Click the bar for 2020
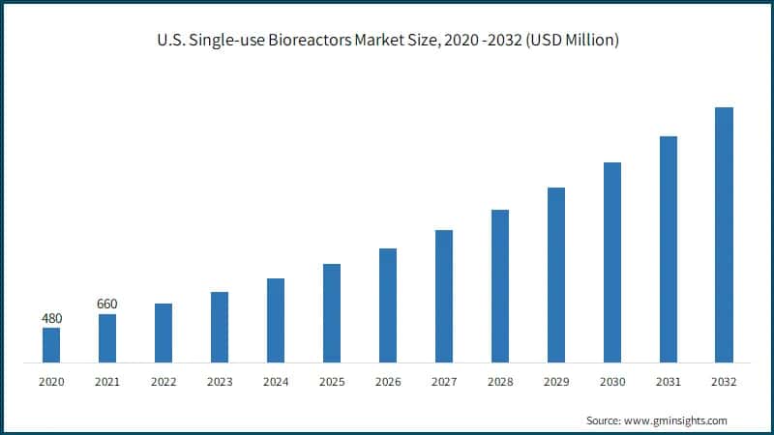click(x=51, y=345)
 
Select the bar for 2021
click(x=107, y=338)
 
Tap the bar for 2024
click(x=276, y=320)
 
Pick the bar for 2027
click(x=444, y=296)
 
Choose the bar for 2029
click(x=555, y=275)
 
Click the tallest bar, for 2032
click(x=724, y=235)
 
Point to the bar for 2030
click(x=611, y=262)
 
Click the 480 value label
click(x=51, y=318)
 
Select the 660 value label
click(x=107, y=304)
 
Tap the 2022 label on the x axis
click(x=164, y=382)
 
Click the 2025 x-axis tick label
click(x=332, y=382)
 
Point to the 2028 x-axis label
click(x=499, y=382)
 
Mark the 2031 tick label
click(x=668, y=382)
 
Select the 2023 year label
click(x=220, y=382)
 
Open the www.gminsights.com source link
click(x=675, y=420)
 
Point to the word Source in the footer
click(x=603, y=420)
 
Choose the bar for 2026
click(x=388, y=305)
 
